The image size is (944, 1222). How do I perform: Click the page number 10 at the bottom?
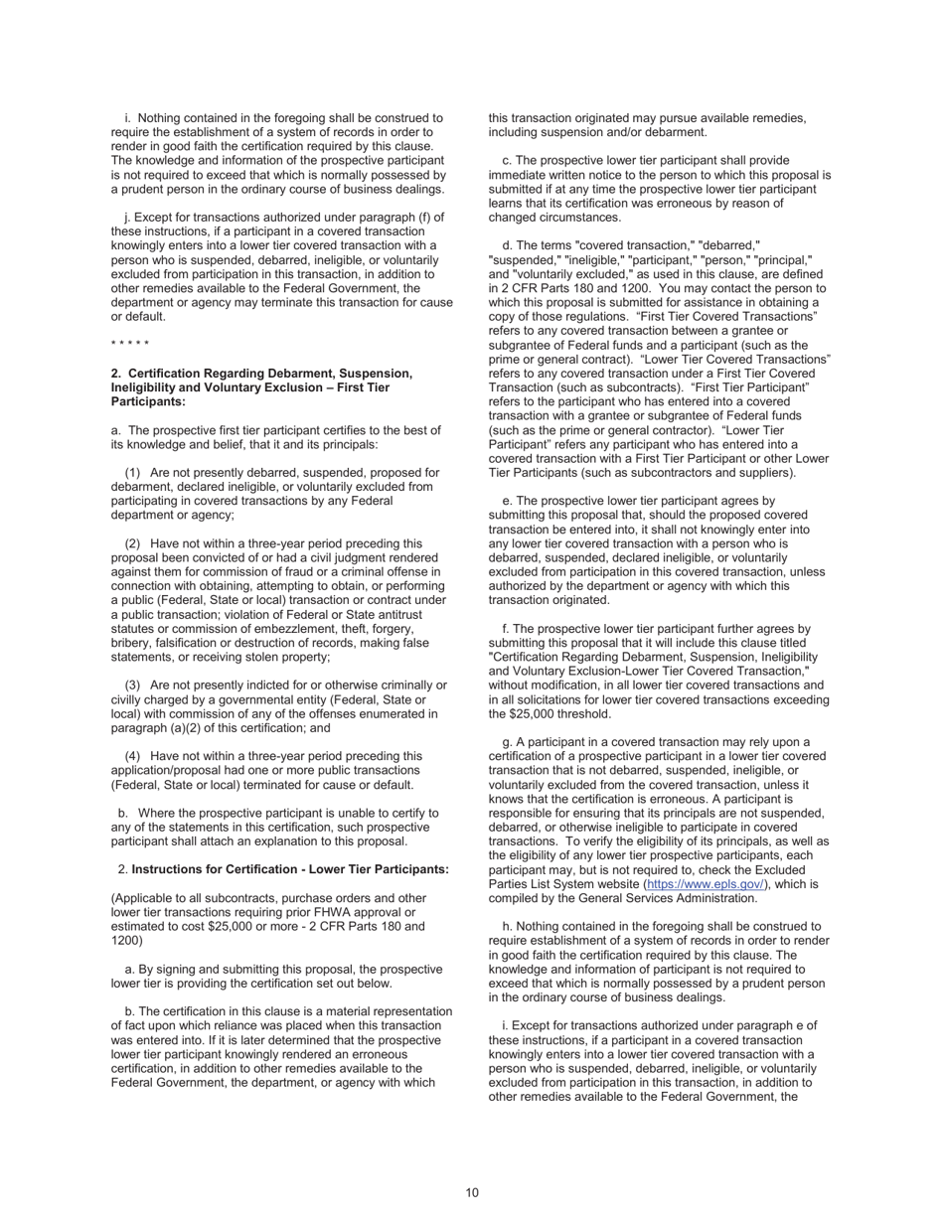[472, 1192]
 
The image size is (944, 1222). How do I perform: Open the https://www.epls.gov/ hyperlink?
[707, 883]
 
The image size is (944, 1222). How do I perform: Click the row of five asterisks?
[130, 345]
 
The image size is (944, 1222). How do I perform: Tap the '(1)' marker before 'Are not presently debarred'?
[132, 473]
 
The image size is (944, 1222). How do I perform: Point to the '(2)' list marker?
[132, 543]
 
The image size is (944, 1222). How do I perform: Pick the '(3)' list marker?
[132, 686]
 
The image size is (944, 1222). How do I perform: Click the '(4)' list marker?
[132, 756]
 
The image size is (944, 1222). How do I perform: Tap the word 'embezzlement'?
[303, 629]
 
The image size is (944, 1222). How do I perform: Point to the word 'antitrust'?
[419, 615]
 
